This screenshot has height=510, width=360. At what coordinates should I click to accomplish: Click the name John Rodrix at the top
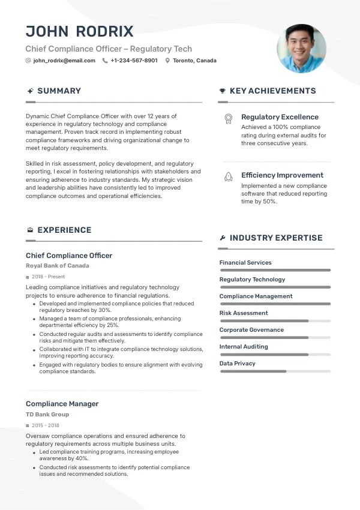pos(80,31)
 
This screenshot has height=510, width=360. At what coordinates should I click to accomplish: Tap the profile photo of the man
pos(301,49)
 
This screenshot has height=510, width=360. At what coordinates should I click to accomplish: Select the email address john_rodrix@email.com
pos(64,61)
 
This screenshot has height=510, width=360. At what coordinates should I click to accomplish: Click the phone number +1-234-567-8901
pos(134,61)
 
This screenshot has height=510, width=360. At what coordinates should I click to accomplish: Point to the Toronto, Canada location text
pos(194,61)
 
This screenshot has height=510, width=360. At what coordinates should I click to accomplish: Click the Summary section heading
pos(59,91)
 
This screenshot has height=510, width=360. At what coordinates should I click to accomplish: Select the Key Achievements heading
pos(272,91)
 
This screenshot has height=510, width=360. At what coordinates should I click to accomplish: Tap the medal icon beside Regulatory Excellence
pos(228,119)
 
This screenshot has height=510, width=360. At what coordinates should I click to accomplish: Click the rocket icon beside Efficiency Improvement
pos(228,177)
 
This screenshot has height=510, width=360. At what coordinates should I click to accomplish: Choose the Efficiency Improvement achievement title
pos(282,175)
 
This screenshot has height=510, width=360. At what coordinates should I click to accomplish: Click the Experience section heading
pos(64,230)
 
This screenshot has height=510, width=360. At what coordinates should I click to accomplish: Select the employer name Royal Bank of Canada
pos(58,265)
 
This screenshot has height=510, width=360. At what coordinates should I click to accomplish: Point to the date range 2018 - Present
pos(48,277)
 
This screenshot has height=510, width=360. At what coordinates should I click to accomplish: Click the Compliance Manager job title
pos(62,404)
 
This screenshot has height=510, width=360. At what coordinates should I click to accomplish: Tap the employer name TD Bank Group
pos(47,414)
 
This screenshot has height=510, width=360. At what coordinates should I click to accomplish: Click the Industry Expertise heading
pos(276,238)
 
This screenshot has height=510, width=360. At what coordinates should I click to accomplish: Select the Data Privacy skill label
pos(238,363)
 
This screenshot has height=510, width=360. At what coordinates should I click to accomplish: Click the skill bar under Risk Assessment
pos(275,321)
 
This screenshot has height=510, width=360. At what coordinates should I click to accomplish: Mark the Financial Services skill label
pos(245,262)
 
